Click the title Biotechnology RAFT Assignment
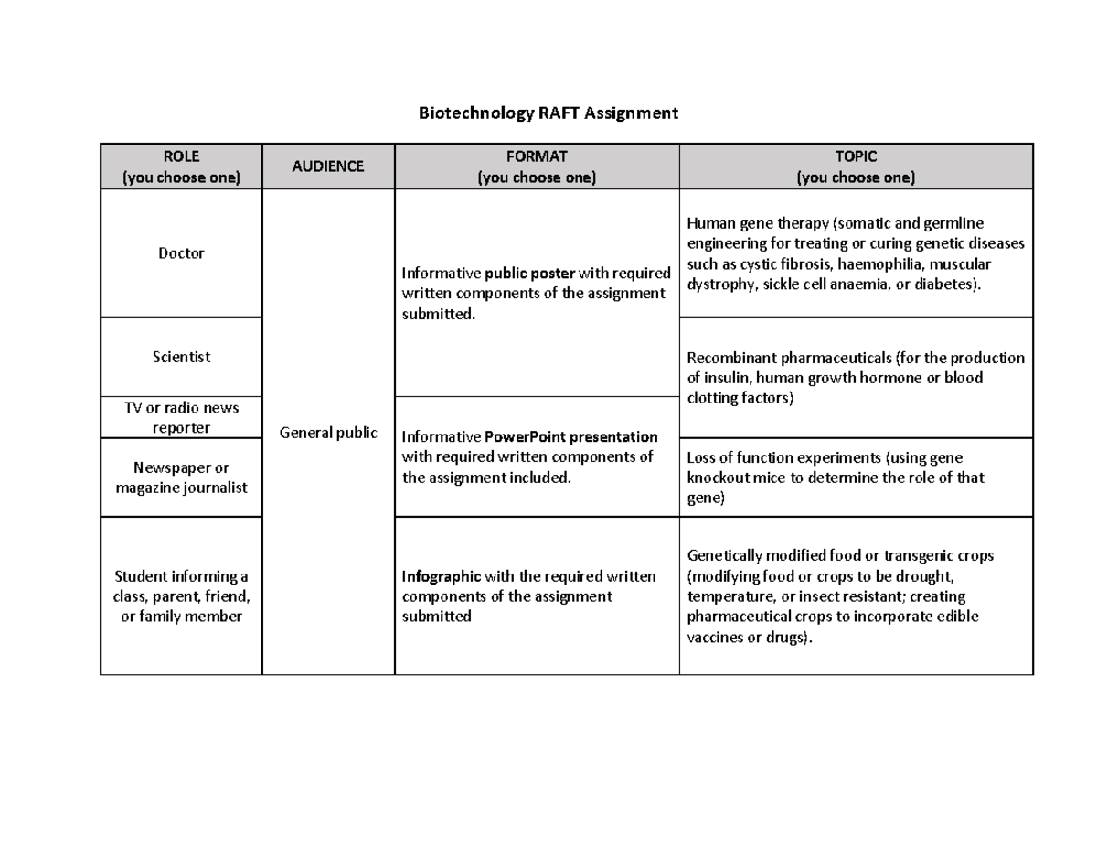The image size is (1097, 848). pos(548,113)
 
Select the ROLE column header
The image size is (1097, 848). pos(181,166)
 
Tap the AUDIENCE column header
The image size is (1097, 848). pos(328,166)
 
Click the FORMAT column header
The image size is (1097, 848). pos(537,166)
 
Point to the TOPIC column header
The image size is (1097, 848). pos(856,166)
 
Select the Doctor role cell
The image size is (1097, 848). pos(181,252)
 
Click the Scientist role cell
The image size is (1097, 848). pos(181,357)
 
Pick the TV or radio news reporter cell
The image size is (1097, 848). pos(181,418)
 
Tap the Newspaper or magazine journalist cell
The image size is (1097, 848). pos(181,478)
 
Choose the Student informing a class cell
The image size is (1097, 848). pos(181,596)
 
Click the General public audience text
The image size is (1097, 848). pos(328,433)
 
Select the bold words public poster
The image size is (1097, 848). pos(530,274)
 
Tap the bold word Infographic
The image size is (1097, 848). pos(441,576)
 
